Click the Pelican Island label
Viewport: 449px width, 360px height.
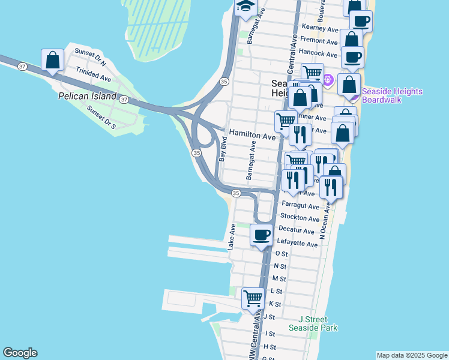(x=86, y=96)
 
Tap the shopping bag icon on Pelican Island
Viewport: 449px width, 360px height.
(x=53, y=60)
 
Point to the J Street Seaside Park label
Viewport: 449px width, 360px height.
(x=313, y=323)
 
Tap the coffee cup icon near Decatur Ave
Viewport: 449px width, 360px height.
(x=261, y=235)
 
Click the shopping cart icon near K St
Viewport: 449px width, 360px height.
(x=253, y=298)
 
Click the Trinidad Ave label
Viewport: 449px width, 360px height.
(x=93, y=78)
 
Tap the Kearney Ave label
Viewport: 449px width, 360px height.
(x=321, y=28)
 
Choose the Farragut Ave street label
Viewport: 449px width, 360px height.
(x=300, y=206)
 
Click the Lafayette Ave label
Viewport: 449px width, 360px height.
(x=297, y=244)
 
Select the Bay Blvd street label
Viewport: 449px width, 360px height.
(x=223, y=149)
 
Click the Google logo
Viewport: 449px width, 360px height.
(x=20, y=353)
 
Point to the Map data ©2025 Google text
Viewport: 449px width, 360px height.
(x=411, y=355)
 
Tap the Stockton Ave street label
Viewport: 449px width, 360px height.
(x=300, y=218)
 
